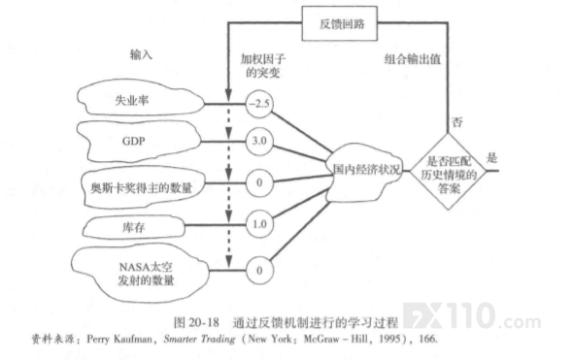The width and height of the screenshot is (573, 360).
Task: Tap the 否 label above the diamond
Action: click(x=457, y=121)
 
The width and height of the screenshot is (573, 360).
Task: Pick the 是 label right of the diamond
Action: click(x=491, y=158)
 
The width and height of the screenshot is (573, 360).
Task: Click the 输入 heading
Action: click(x=141, y=54)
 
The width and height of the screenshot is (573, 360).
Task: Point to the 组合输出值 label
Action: click(x=413, y=59)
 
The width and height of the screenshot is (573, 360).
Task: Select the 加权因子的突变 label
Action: click(x=263, y=66)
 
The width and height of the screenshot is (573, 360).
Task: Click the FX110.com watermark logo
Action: click(x=472, y=316)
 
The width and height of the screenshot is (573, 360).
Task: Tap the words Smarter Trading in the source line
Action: click(x=199, y=340)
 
